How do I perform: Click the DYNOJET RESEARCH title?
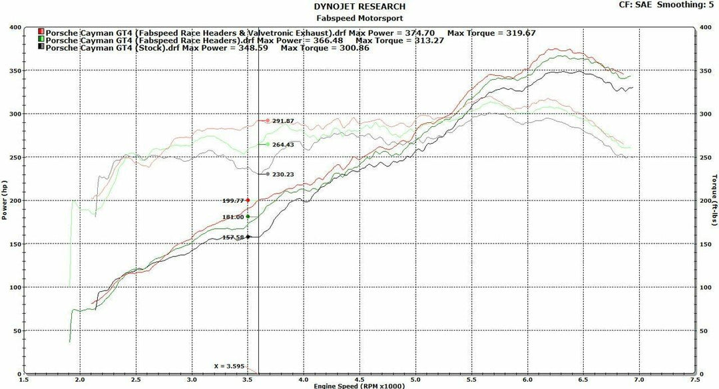point(359,7)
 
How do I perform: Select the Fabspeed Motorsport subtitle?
point(359,18)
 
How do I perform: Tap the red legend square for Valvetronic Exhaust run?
point(41,32)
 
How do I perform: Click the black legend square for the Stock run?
point(41,48)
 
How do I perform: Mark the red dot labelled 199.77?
point(248,200)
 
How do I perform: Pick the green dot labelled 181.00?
point(248,216)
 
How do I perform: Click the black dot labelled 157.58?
point(248,237)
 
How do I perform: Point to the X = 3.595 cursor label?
point(230,366)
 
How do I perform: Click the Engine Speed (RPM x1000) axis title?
point(359,385)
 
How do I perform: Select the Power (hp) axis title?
point(5,200)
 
